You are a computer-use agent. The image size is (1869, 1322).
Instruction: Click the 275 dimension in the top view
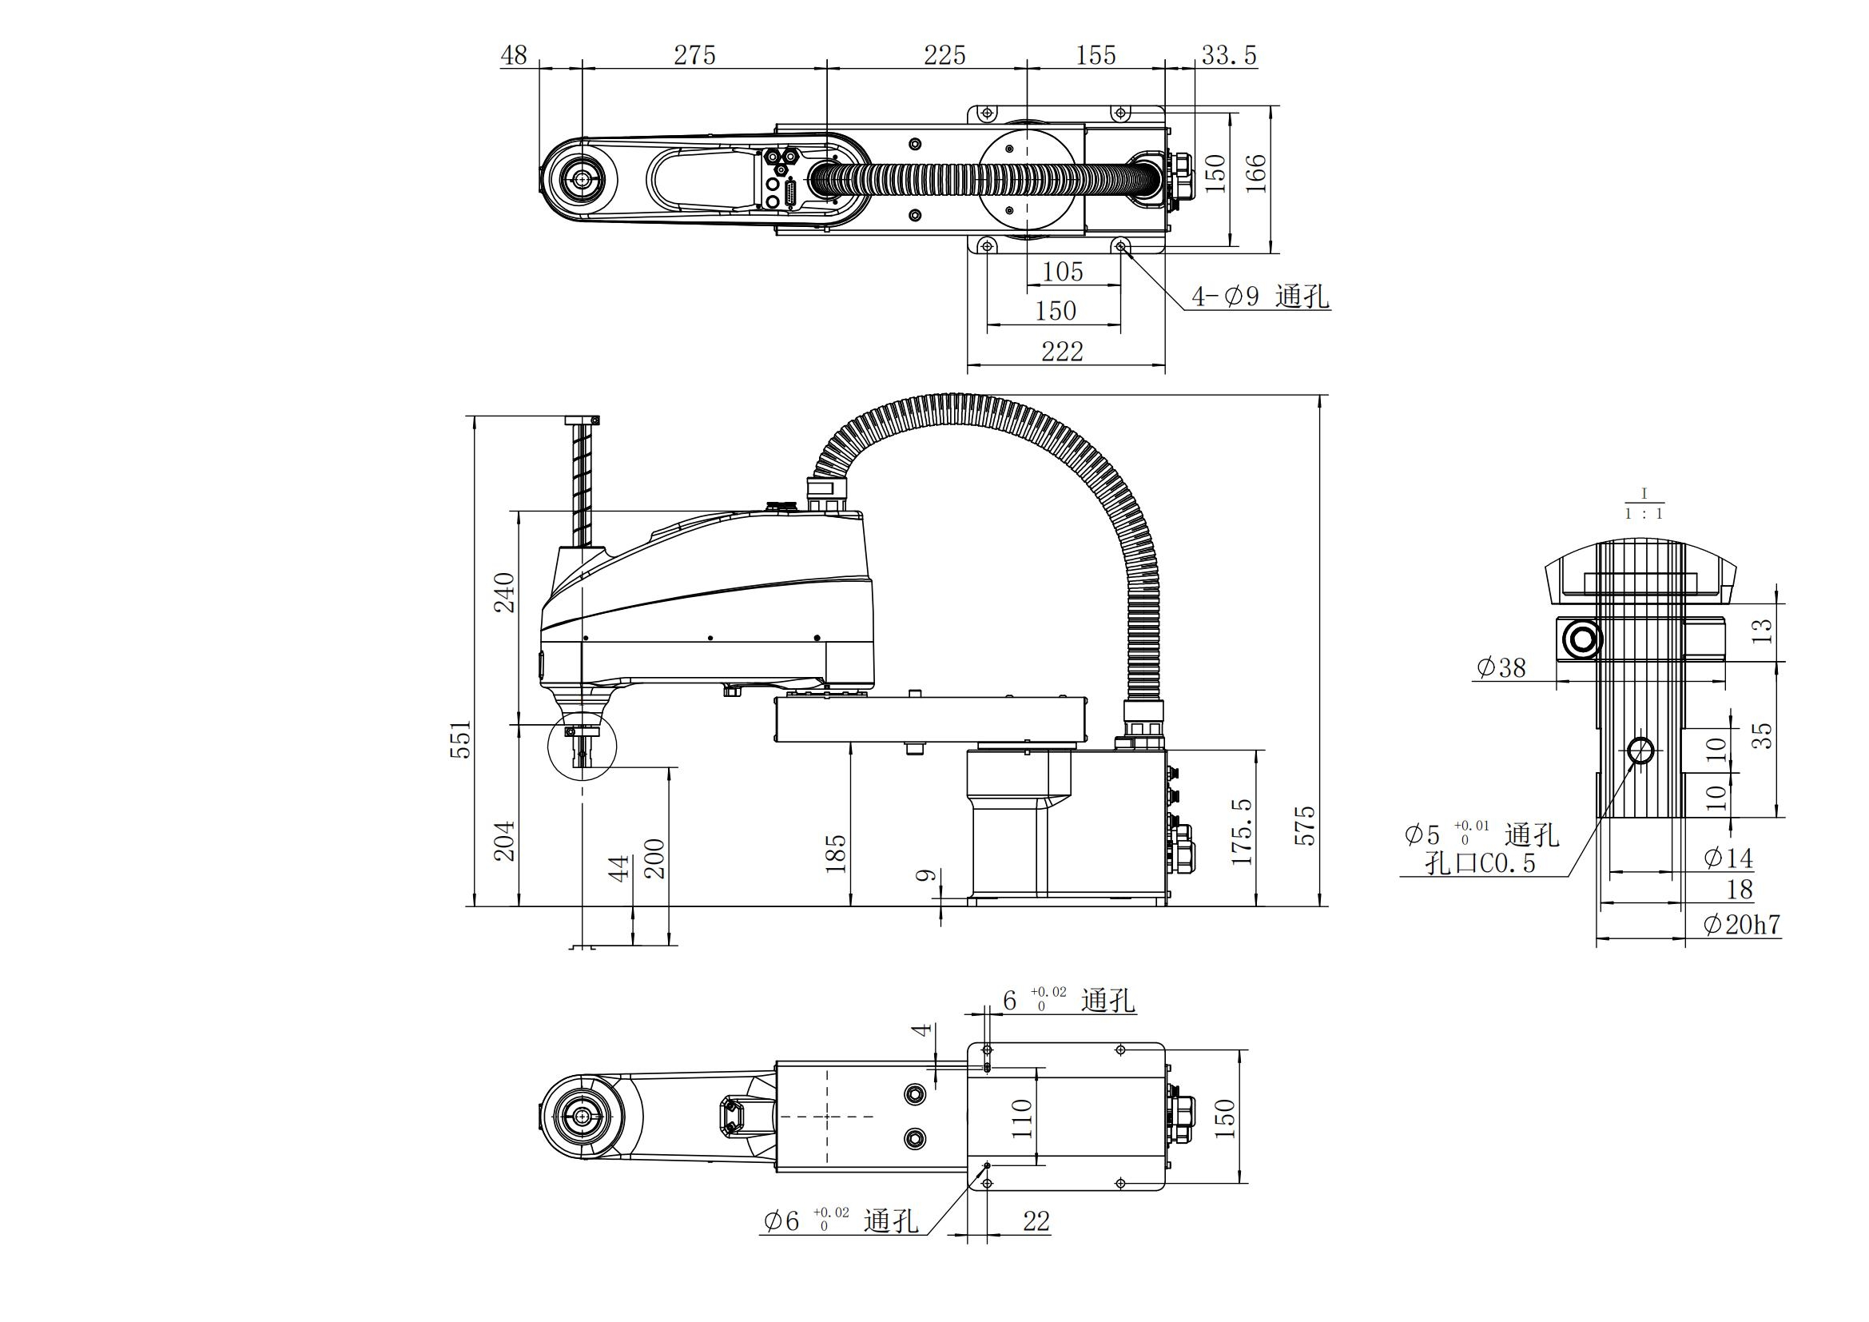[694, 55]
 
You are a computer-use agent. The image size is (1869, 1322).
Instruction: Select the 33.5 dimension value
[1228, 55]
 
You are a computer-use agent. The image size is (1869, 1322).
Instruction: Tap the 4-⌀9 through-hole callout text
[1260, 297]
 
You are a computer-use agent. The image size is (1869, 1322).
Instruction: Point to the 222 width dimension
[1062, 352]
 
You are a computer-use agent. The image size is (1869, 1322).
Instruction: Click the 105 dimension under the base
[1062, 272]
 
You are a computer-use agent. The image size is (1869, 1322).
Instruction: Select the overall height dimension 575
[1304, 826]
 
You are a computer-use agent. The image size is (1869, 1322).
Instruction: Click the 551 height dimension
[462, 739]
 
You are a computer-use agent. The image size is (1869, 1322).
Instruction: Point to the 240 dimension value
[505, 592]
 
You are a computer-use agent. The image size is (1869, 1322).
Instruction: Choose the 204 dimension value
[505, 840]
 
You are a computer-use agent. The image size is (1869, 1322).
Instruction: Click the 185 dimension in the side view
[836, 853]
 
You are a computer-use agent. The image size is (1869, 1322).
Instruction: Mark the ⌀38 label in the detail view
[1501, 668]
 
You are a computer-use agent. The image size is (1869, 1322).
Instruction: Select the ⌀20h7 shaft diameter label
[1741, 925]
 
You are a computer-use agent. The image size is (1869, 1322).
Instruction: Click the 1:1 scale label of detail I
[1644, 515]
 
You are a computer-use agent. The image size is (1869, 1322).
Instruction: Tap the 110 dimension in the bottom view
[1022, 1118]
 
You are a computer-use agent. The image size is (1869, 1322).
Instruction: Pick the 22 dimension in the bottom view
[1036, 1221]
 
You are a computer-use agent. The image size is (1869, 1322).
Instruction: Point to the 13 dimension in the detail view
[1761, 631]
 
